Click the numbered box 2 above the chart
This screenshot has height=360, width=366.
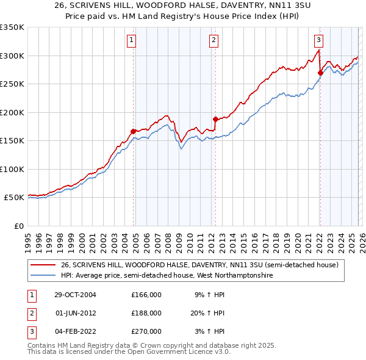tap(214, 41)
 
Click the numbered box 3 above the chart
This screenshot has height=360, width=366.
tap(319, 41)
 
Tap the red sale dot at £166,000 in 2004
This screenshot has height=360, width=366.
tap(133, 131)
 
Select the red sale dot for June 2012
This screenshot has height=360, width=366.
tap(215, 119)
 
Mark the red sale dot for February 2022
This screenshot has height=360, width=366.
tap(320, 73)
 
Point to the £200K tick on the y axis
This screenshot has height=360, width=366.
tap(12, 112)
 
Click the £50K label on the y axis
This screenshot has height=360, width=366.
tap(14, 198)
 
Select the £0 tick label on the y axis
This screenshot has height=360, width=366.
tap(18, 226)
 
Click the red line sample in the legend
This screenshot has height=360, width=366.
tap(43, 265)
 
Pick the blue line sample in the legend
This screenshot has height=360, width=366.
tap(43, 276)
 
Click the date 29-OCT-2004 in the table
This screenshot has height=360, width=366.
tap(75, 295)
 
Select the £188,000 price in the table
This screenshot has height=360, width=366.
tap(146, 313)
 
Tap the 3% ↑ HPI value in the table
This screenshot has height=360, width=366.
tap(210, 331)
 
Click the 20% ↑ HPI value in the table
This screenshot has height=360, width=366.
tap(209, 313)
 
